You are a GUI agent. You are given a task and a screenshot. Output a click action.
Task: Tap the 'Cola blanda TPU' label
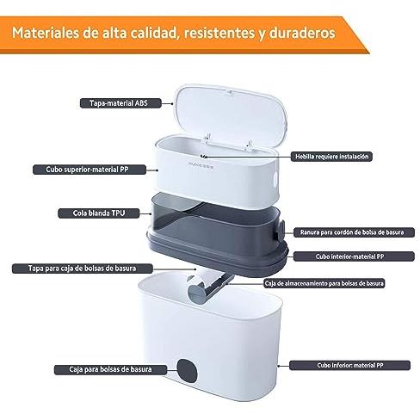coord(99,213)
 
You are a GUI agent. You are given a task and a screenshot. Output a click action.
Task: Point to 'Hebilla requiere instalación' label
coord(331,157)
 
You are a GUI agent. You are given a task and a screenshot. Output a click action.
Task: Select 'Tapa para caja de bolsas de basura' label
coord(83,269)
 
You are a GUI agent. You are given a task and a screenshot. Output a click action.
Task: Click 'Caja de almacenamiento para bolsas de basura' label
coord(324,283)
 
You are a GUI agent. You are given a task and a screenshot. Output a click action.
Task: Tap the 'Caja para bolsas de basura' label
coord(110,369)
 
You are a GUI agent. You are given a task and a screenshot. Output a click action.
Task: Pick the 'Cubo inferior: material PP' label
coord(349,365)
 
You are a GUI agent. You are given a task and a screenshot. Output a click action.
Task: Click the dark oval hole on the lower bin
coord(187,371)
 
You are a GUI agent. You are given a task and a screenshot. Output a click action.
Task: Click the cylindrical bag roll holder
coord(198,290)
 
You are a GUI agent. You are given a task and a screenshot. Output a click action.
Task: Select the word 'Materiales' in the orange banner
coord(46,33)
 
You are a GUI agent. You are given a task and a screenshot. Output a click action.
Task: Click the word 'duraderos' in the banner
coord(302,33)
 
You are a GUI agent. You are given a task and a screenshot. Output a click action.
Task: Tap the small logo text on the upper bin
coord(201,165)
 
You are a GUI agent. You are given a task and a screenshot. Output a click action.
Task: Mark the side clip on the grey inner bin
coord(280,230)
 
